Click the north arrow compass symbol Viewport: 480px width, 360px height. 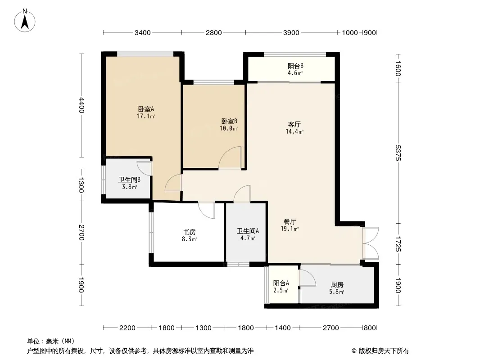[25, 21]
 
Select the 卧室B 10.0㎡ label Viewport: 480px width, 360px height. [229, 125]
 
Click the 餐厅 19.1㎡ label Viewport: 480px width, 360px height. [290, 225]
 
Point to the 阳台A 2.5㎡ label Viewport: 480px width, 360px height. [281, 287]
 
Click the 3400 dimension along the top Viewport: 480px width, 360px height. [143, 33]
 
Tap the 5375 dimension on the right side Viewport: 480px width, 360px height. [398, 153]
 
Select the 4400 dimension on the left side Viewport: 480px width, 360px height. [81, 105]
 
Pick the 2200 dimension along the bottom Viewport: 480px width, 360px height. [127, 328]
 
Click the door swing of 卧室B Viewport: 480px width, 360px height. [230, 157]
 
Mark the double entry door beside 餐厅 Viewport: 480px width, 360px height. [371, 243]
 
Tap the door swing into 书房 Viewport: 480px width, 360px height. [207, 210]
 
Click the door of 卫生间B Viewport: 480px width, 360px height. [144, 169]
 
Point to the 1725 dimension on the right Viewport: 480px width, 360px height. [398, 244]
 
